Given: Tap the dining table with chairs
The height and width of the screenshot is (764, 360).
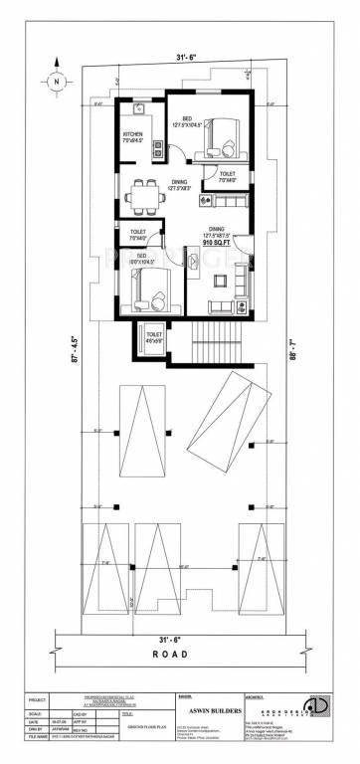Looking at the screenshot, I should (x=143, y=195).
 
